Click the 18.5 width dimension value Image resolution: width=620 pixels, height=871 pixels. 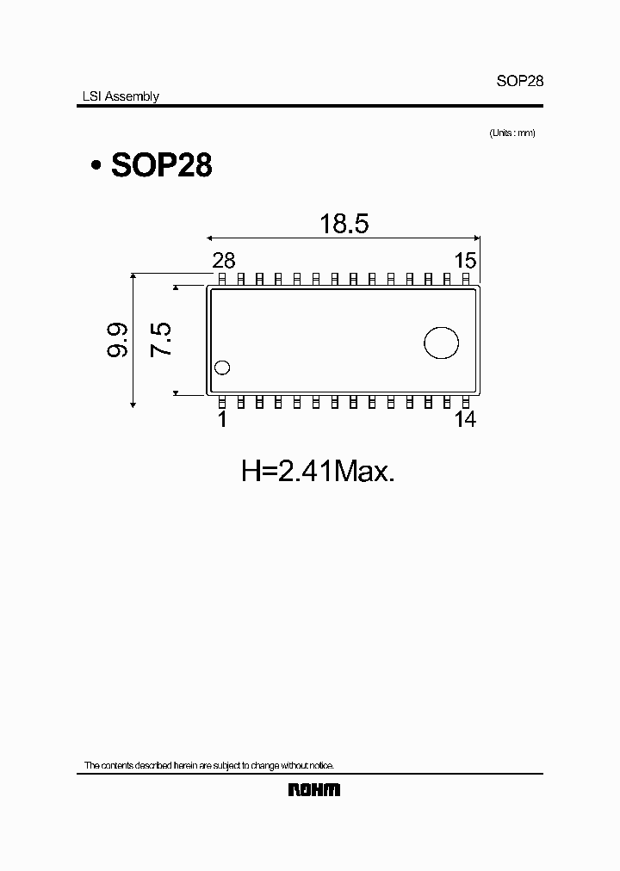click(344, 224)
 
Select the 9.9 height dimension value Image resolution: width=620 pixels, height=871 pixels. click(119, 340)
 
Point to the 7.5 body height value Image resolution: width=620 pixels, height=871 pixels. click(162, 340)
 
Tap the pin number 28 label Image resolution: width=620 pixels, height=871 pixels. click(223, 261)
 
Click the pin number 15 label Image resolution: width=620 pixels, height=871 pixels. click(465, 261)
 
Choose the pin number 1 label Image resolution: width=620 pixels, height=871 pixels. click(222, 419)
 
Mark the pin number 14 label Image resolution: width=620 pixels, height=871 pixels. click(465, 419)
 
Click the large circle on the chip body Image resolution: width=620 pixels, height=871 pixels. click(441, 342)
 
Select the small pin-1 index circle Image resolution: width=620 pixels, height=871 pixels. click(223, 368)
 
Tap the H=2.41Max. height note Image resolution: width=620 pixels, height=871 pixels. click(317, 471)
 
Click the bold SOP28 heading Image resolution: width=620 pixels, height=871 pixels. click(161, 165)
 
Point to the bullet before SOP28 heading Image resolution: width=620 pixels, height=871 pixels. click(96, 166)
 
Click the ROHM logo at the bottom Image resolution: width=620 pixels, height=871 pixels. click(313, 789)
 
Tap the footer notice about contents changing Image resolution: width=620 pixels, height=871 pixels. click(208, 765)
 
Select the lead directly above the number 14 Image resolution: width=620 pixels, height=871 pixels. click(466, 402)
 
